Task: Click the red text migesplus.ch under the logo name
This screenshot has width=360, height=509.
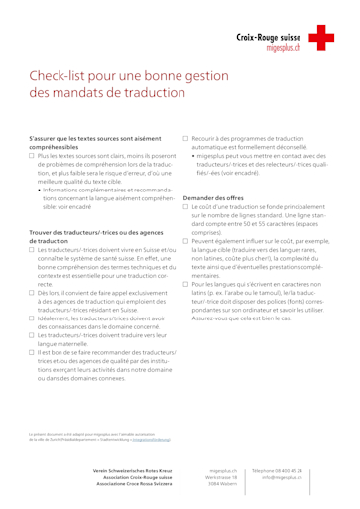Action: (283, 46)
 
